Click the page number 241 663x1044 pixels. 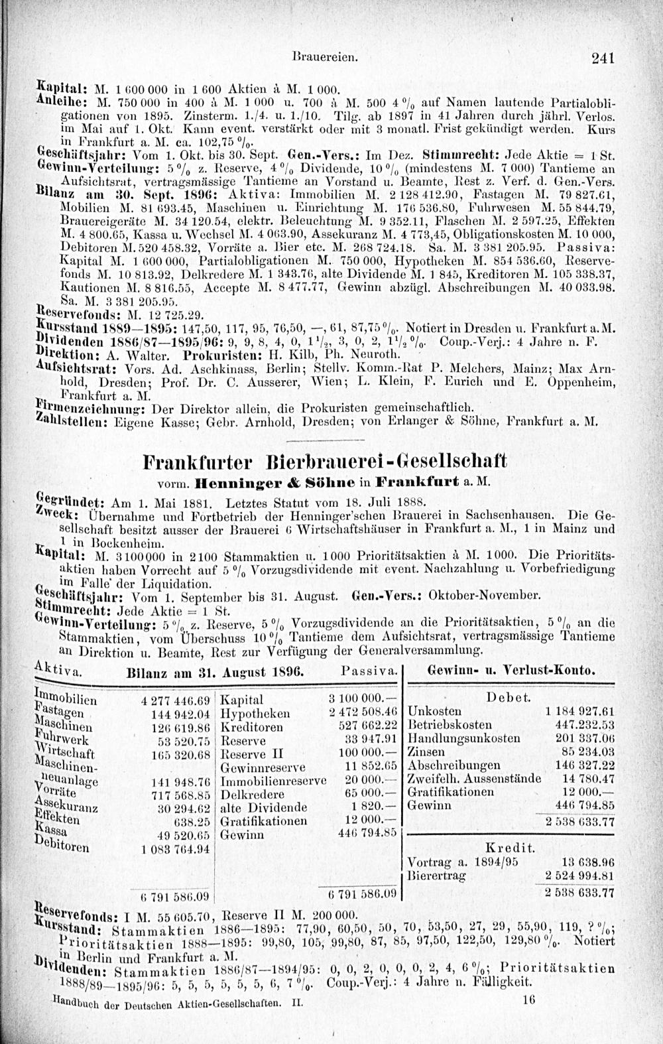click(x=605, y=58)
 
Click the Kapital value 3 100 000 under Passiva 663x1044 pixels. click(x=362, y=700)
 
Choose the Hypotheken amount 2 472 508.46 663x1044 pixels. click(x=362, y=713)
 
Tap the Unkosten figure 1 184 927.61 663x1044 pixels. click(x=579, y=711)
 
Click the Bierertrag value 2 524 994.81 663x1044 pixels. click(x=579, y=876)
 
